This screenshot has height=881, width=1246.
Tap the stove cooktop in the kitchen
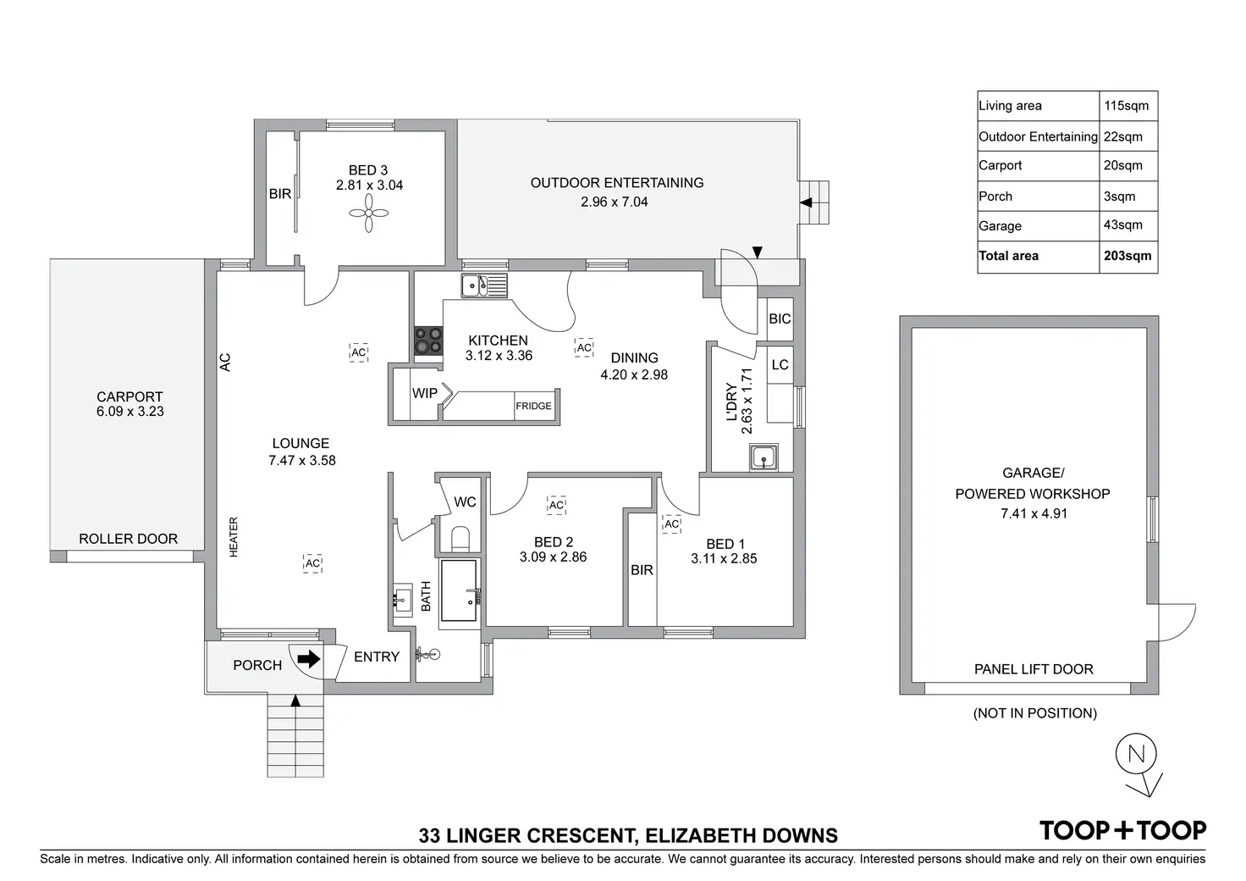tap(427, 341)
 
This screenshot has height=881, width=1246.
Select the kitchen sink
tap(483, 286)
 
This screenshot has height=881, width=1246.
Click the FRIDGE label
tap(533, 407)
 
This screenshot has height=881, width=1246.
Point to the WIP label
tap(425, 393)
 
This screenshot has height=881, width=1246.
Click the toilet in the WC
tap(461, 539)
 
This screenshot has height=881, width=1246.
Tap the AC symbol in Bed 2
tap(556, 506)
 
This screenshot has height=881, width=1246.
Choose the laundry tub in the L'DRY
tap(764, 457)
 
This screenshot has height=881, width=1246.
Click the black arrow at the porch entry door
tap(309, 658)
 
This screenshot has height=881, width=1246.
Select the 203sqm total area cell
tap(1127, 256)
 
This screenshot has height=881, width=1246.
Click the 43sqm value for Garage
tap(1123, 225)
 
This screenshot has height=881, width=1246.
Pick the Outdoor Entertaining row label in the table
tap(1038, 136)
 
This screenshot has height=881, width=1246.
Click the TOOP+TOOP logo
tap(1122, 830)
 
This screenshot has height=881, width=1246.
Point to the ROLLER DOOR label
tap(129, 539)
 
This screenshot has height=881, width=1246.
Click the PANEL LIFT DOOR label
tap(1034, 669)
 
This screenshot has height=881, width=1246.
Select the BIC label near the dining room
tap(780, 319)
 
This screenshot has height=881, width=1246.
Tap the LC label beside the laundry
tap(780, 365)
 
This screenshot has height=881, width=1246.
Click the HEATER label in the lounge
tap(234, 537)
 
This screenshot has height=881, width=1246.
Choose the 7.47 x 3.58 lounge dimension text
tap(302, 461)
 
